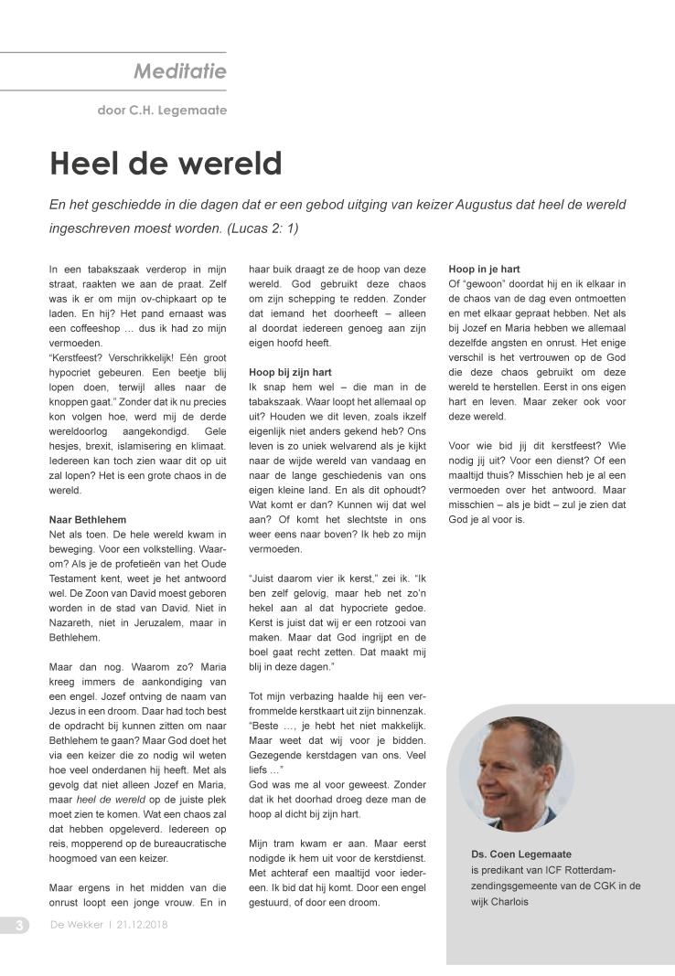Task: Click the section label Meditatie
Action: click(x=179, y=70)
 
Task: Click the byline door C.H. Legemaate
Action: click(x=162, y=111)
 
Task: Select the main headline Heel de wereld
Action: click(x=166, y=164)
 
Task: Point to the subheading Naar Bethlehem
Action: click(x=87, y=520)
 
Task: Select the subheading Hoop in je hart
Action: click(x=484, y=270)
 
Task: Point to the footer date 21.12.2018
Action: click(x=142, y=925)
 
